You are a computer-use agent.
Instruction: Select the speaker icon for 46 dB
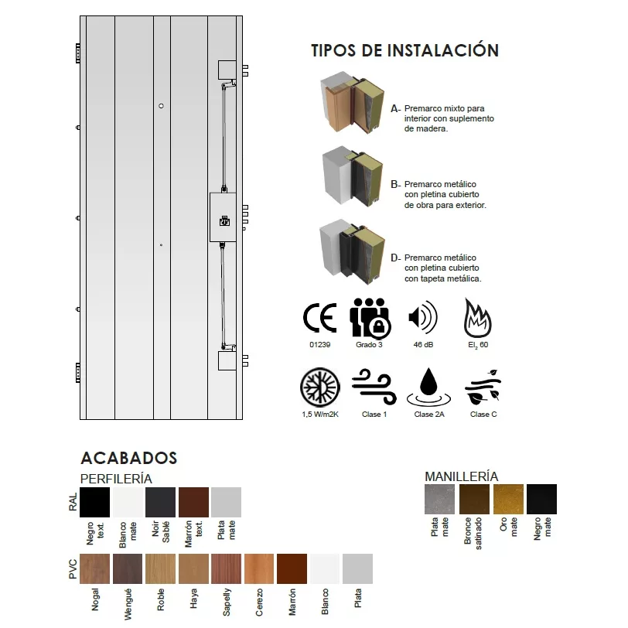tap(422, 318)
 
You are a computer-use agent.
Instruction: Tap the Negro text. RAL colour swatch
tap(95, 502)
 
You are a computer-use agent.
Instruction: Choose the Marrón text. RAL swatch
tap(193, 502)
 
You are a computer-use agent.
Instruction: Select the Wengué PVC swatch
tap(128, 569)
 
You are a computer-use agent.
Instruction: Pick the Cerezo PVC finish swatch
tap(259, 569)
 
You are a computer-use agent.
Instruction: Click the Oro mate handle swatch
tap(508, 499)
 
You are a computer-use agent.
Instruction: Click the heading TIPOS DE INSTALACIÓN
tap(404, 51)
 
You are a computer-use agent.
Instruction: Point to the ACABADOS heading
tap(128, 459)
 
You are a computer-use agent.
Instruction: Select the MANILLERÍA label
tap(461, 476)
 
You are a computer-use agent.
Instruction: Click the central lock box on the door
tap(224, 218)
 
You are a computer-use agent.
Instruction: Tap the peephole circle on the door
tap(161, 106)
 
